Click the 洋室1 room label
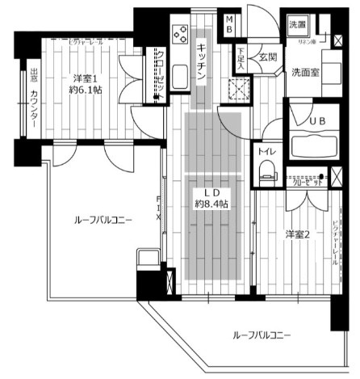point(85,78)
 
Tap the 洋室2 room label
point(297,234)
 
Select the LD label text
point(211,192)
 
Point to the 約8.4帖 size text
point(211,205)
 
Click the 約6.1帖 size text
point(85,91)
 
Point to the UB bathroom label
point(311,121)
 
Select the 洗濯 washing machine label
point(297,25)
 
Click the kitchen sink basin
point(179,77)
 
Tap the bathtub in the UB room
point(312,145)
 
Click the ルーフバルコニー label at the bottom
point(261,335)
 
